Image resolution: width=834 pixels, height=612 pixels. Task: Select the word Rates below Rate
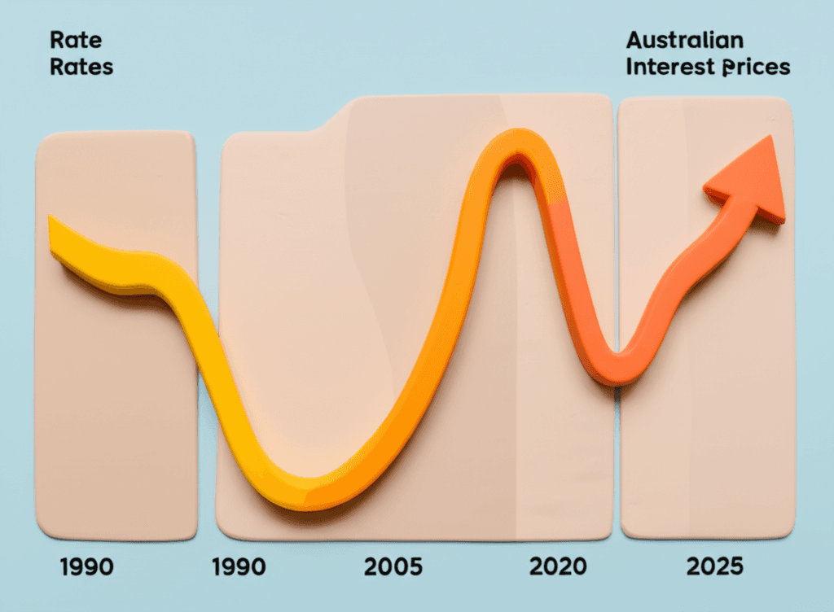81,67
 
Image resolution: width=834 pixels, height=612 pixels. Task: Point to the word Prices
756,67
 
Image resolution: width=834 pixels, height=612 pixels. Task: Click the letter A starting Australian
634,40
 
